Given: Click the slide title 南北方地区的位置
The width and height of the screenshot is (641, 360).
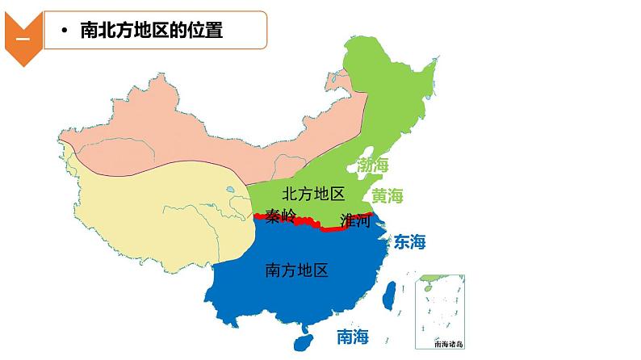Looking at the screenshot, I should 151,31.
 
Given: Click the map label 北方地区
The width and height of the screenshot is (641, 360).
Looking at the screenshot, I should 314,194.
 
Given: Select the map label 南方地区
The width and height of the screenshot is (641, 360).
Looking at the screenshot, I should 296,270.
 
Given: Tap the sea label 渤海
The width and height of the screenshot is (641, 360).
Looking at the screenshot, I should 373,165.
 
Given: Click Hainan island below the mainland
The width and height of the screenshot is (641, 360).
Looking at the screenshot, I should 304,341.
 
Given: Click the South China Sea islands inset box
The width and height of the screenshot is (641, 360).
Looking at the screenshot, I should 440,311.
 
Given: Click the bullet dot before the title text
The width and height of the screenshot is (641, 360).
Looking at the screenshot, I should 64,32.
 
